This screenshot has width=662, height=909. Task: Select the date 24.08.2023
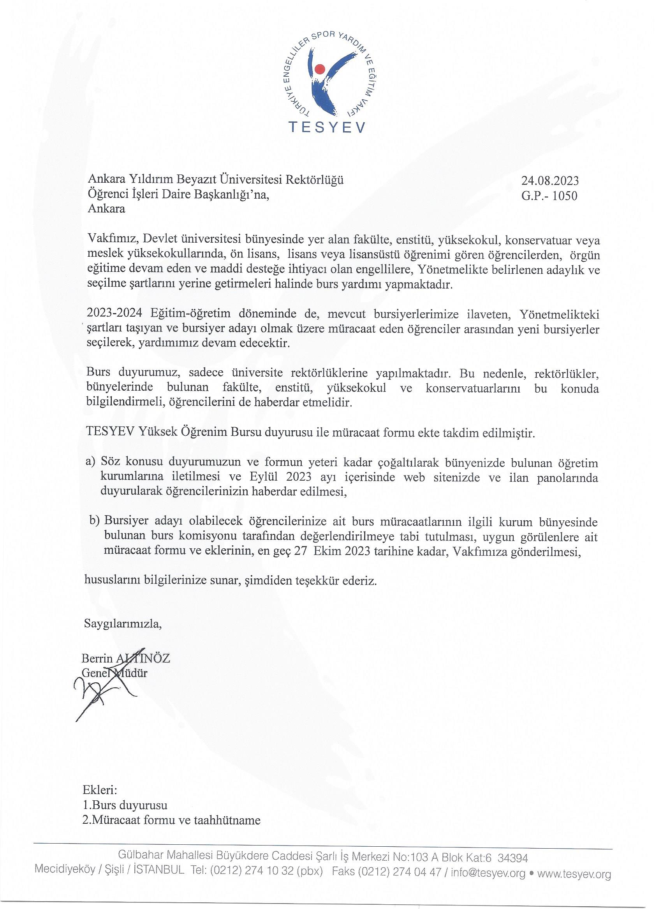[x=550, y=181]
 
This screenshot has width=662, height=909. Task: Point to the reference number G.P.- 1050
[x=549, y=196]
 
